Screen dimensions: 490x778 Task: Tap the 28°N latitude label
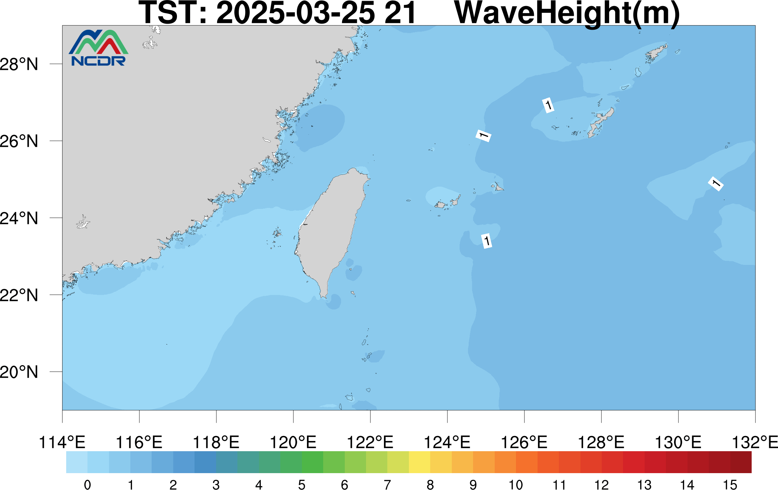19,64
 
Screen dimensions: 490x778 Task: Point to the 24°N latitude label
19,218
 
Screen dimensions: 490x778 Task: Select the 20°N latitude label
19,372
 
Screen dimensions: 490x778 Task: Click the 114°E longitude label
62,442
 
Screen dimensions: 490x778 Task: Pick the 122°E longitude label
370,442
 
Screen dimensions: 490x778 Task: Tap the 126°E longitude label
524,442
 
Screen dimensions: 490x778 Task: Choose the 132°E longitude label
755,442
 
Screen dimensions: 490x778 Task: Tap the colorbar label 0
87,485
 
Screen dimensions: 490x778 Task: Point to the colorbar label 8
430,485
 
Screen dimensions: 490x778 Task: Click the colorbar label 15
730,485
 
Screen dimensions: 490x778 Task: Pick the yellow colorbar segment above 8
419,462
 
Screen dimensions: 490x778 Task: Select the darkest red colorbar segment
741,462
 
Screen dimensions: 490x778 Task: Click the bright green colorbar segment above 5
312,462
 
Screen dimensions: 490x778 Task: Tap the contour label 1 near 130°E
716,184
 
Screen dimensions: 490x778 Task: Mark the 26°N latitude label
19,141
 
